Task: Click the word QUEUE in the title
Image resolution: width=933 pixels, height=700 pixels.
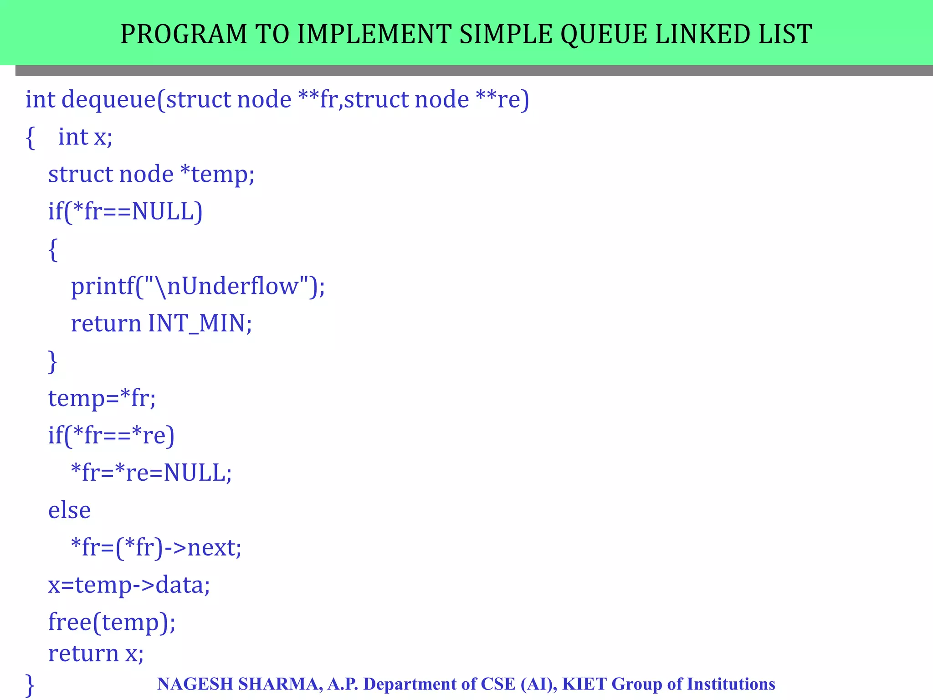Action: point(603,34)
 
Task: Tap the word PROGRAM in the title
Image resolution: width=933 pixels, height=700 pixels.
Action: point(184,34)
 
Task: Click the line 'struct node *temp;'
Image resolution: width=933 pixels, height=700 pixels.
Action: point(151,175)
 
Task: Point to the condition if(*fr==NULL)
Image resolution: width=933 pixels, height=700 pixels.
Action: point(125,211)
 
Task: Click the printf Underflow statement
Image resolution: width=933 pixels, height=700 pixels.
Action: point(198,287)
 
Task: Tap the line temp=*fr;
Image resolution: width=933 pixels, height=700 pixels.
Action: point(102,398)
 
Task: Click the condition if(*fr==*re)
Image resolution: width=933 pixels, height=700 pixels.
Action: point(111,436)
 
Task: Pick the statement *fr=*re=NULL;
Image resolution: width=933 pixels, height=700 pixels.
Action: point(151,473)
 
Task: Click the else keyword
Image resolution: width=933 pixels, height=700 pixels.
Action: point(69,510)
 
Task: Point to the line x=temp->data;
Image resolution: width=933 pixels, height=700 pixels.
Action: point(129,585)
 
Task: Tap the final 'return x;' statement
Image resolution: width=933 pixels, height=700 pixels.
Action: point(96,654)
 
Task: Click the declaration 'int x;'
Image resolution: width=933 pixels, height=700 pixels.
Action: point(85,137)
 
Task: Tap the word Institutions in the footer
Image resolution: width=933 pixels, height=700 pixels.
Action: point(731,684)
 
